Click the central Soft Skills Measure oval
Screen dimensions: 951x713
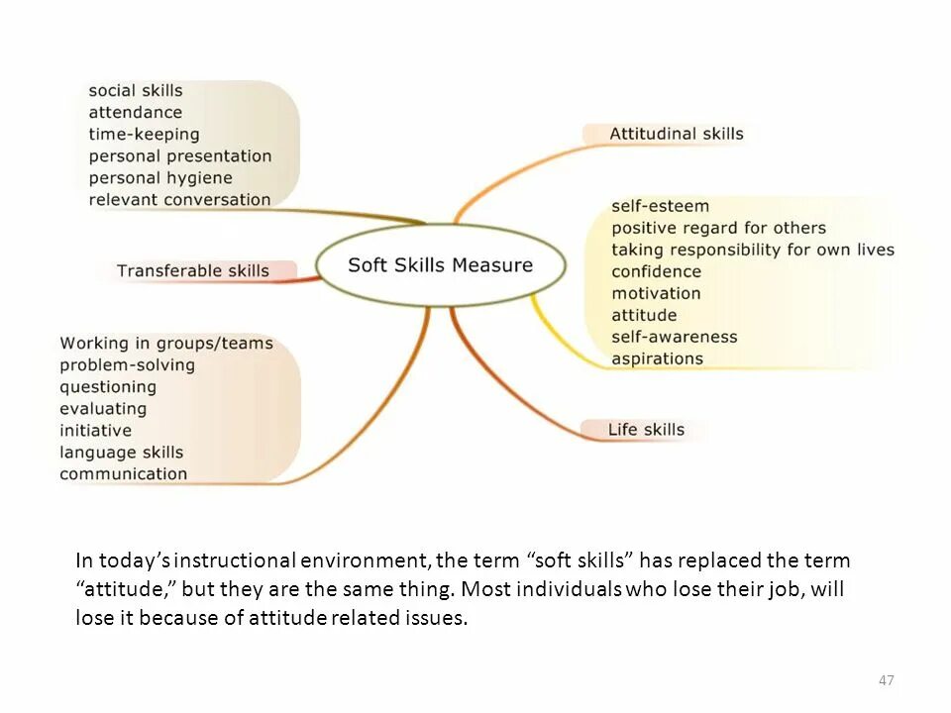tap(441, 265)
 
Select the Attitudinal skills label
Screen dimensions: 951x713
tap(676, 134)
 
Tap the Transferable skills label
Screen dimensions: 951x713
tap(193, 270)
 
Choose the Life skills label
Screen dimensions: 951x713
tap(646, 429)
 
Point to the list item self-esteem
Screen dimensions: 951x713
tap(660, 206)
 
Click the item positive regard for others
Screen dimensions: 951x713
tap(718, 228)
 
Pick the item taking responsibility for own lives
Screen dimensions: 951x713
tap(752, 250)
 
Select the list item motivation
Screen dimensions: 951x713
tap(656, 293)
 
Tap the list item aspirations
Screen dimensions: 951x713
tap(657, 358)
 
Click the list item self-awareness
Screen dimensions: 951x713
tap(674, 337)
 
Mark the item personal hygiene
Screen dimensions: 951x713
tap(160, 177)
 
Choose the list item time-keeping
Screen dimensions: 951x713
tap(144, 134)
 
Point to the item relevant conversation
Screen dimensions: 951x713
tap(179, 199)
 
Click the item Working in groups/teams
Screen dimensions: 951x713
tap(165, 343)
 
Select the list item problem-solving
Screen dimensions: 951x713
tap(127, 364)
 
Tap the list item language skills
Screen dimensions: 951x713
tap(121, 452)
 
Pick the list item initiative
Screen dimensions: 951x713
tap(95, 430)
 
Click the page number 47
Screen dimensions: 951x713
tap(887, 680)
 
